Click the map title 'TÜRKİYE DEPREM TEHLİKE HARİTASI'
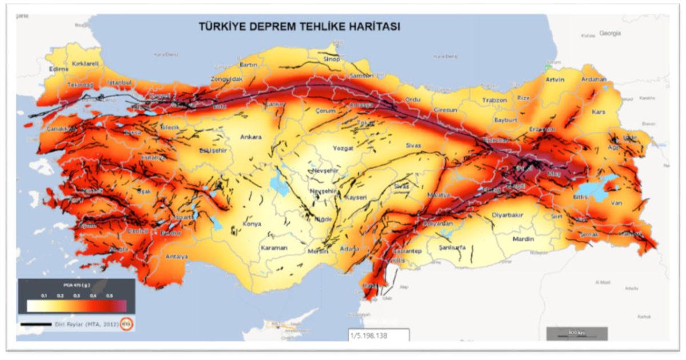[299, 27]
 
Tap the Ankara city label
[250, 137]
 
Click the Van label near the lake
[616, 202]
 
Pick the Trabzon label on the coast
[494, 100]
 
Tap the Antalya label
[176, 257]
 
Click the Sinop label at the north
[332, 59]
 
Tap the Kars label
[615, 111]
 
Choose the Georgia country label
[609, 34]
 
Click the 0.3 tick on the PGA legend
[77, 295]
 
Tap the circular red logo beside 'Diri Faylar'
[127, 324]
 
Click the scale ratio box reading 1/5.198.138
[378, 335]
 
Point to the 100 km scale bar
[576, 333]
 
